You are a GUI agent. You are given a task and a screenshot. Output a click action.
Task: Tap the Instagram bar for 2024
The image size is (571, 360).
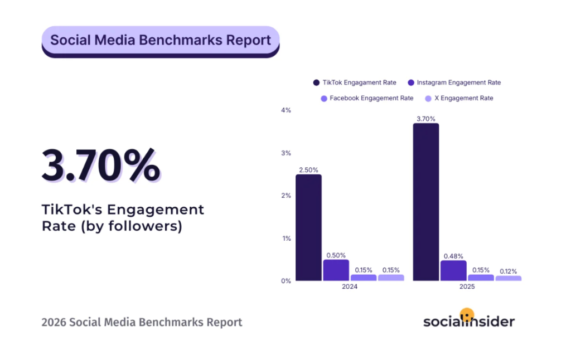(336, 270)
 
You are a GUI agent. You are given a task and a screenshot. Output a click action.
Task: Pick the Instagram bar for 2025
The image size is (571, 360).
(453, 270)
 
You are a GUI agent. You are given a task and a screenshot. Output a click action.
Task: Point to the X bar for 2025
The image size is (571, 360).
(508, 278)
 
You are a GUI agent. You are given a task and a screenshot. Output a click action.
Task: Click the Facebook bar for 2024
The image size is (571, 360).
(363, 277)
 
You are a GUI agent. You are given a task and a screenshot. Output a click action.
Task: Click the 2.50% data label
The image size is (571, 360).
(308, 168)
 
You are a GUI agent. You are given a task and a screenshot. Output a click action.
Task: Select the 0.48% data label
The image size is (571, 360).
(453, 256)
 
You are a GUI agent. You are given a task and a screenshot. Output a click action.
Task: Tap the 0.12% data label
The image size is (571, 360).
(508, 270)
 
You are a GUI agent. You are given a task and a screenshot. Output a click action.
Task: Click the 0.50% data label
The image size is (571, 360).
(336, 255)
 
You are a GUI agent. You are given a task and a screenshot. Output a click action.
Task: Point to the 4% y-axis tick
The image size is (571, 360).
(286, 110)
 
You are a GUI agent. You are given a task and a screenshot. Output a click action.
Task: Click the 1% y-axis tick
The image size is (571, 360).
(286, 238)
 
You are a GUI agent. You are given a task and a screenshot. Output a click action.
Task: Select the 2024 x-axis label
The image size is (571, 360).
(350, 287)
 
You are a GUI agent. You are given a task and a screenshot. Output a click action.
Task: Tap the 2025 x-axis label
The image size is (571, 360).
(467, 287)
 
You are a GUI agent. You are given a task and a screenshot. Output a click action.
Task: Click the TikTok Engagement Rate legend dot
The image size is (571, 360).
(317, 82)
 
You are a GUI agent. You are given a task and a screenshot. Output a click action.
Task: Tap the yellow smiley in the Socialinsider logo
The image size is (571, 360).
(467, 314)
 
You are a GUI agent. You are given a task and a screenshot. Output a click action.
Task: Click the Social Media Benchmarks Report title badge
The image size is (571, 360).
(161, 41)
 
